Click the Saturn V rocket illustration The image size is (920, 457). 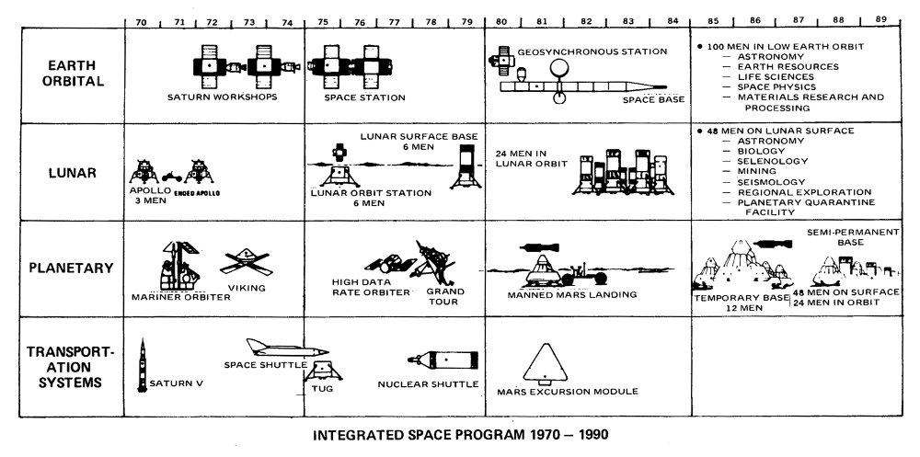[x=143, y=365]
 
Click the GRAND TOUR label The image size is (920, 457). [x=445, y=297]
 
